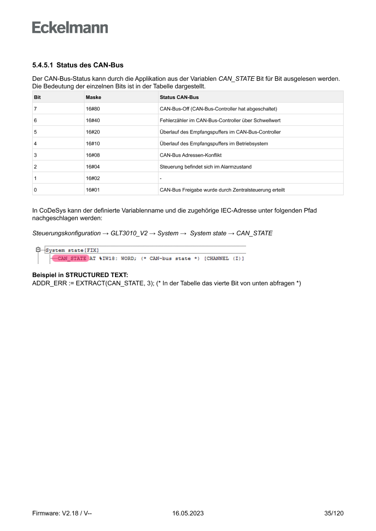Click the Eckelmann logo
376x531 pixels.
point(70,28)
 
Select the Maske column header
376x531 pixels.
point(93,97)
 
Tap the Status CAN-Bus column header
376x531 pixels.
point(179,97)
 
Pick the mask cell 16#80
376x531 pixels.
point(93,109)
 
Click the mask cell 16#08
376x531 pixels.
point(93,155)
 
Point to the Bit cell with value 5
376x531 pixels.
point(35,132)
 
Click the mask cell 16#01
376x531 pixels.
point(93,189)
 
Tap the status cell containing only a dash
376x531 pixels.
point(160,178)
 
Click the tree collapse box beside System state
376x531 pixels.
point(38,250)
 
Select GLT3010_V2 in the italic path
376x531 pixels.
point(129,233)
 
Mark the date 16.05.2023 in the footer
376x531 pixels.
point(188,513)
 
